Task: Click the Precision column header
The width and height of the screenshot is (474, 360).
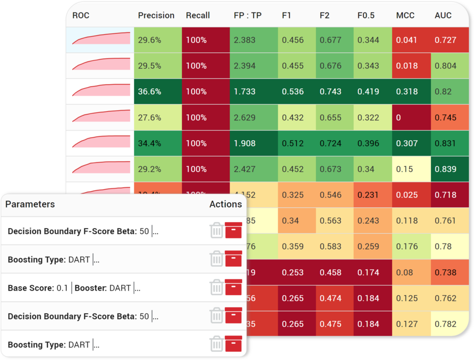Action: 156,15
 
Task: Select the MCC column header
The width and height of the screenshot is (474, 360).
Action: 405,15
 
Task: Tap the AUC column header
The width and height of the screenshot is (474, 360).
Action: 443,15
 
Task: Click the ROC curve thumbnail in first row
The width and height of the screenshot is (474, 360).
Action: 101,39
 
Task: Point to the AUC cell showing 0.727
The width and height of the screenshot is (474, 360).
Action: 445,40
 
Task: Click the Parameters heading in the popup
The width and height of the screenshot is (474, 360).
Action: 30,204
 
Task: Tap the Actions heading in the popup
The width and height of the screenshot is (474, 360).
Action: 225,204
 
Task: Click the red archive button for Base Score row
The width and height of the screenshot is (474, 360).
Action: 233,287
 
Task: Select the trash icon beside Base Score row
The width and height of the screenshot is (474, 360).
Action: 216,287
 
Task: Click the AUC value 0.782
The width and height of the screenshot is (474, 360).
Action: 445,324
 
